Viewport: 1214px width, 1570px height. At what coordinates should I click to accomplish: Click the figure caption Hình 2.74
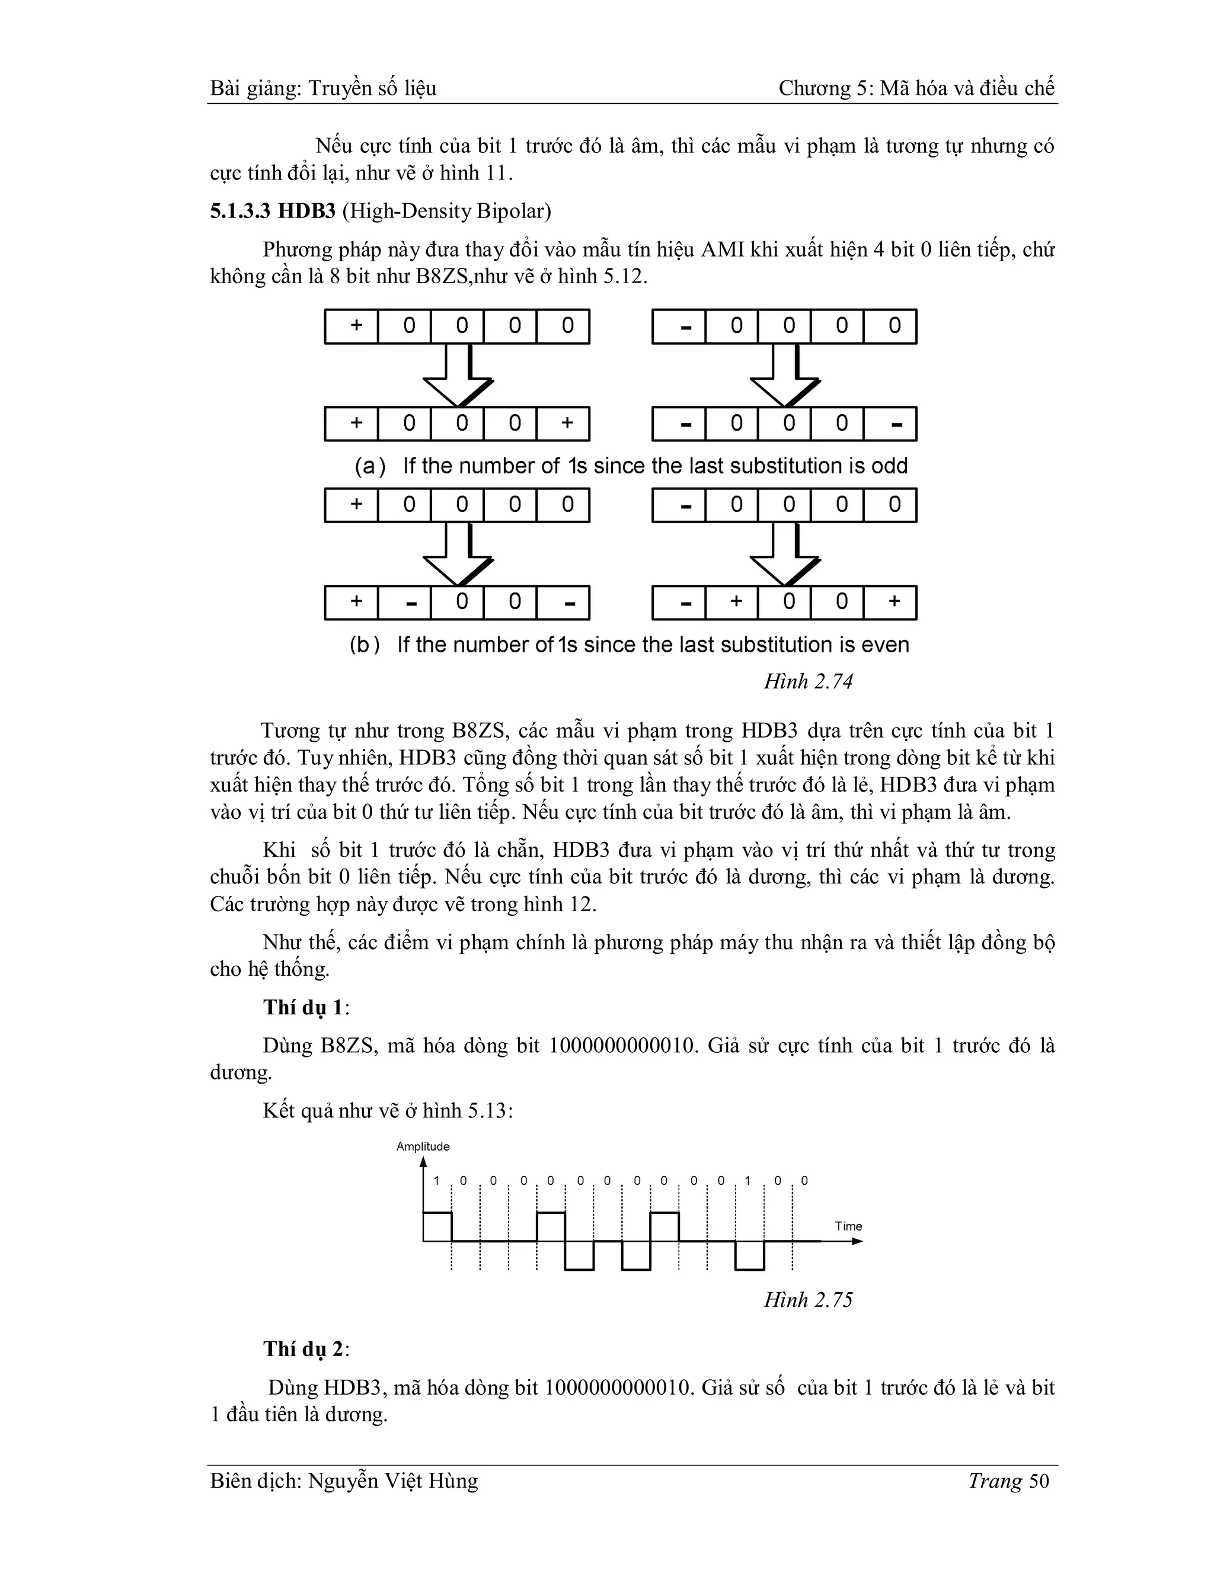click(x=808, y=681)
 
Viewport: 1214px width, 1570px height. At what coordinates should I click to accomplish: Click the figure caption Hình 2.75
click(x=808, y=1300)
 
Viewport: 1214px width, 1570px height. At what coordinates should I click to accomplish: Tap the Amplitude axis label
click(x=423, y=1146)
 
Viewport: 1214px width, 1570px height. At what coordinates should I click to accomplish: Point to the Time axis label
click(x=848, y=1226)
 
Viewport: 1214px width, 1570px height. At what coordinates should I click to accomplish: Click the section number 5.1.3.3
click(x=241, y=212)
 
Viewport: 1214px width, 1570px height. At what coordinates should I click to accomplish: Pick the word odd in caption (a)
click(x=890, y=466)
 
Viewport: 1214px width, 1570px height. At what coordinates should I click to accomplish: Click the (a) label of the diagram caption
click(x=370, y=466)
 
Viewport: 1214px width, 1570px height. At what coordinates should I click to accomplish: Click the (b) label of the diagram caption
click(x=365, y=645)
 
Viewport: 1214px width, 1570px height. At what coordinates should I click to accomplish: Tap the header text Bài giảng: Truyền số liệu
click(x=323, y=88)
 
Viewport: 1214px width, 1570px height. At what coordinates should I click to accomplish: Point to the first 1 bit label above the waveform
click(x=436, y=1180)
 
